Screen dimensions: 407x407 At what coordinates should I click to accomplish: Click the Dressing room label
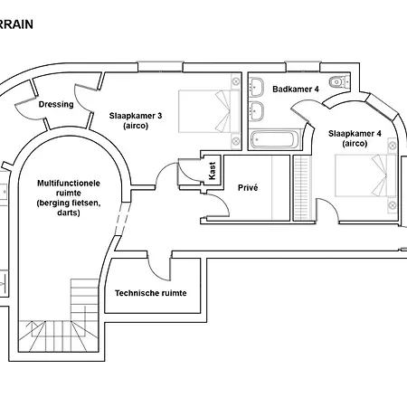pyautogui.click(x=56, y=104)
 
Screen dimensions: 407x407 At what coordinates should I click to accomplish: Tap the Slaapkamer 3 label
pyautogui.click(x=136, y=116)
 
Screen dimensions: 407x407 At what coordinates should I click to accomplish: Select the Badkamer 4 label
pyautogui.click(x=296, y=90)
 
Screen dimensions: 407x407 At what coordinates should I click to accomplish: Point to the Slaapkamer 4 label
pyautogui.click(x=355, y=134)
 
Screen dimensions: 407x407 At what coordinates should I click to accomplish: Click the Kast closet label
pyautogui.click(x=213, y=171)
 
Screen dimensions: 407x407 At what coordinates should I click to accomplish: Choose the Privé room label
pyautogui.click(x=248, y=187)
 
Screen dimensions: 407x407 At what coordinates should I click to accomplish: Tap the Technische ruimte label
pyautogui.click(x=151, y=293)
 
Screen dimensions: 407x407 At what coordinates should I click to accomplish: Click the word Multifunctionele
pyautogui.click(x=69, y=184)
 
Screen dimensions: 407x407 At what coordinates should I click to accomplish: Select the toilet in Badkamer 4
pyautogui.click(x=336, y=81)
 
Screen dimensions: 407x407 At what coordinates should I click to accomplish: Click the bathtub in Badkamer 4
pyautogui.click(x=275, y=139)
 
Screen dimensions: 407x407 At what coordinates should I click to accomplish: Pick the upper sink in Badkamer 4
pyautogui.click(x=257, y=87)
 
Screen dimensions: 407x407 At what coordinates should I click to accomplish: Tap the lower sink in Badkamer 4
pyautogui.click(x=257, y=111)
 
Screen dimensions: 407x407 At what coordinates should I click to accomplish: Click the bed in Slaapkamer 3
pyautogui.click(x=209, y=111)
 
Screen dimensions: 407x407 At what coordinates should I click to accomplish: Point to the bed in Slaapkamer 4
pyautogui.click(x=365, y=175)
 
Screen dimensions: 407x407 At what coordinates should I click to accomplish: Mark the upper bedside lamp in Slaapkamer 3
pyautogui.click(x=236, y=81)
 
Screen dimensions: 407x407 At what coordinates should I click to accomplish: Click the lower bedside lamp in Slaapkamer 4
pyautogui.click(x=392, y=205)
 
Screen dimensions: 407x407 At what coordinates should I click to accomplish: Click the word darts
pyautogui.click(x=69, y=213)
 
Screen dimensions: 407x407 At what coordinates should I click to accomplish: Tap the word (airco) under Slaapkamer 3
pyautogui.click(x=136, y=126)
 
